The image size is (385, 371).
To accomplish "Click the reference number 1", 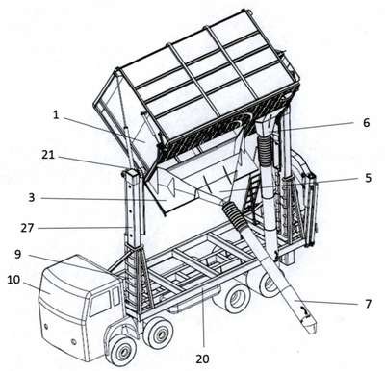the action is click(56, 115).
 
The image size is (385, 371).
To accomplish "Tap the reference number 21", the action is click(48, 155).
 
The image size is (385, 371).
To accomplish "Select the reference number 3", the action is click(31, 197).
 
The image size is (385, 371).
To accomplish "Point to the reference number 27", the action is click(27, 228).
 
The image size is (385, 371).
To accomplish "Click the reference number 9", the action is click(18, 255).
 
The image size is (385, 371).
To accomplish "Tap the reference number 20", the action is click(202, 359).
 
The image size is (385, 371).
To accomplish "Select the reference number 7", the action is click(368, 304).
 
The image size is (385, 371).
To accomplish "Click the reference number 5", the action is click(368, 177).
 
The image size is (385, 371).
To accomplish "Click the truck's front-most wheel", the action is click(121, 351).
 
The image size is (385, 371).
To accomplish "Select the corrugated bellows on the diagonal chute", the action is click(234, 215).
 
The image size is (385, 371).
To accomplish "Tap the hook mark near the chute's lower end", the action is click(305, 310).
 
